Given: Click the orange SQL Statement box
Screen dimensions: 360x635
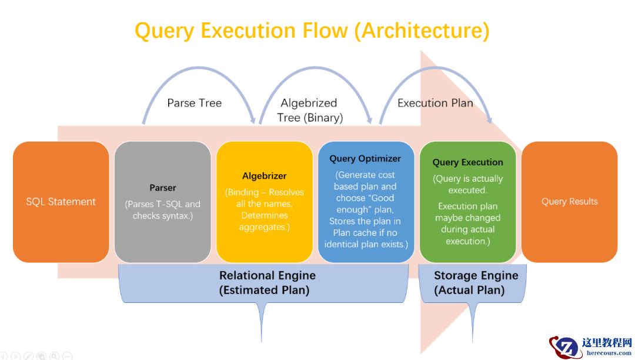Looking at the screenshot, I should point(61,202).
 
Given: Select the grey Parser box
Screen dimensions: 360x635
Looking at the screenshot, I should point(162,202).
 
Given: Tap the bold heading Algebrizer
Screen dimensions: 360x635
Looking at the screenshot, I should point(264,176).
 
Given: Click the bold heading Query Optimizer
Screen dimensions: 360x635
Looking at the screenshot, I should point(365,159).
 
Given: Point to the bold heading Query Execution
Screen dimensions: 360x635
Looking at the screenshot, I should point(467,162).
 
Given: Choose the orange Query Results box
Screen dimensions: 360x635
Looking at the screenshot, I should point(569,202).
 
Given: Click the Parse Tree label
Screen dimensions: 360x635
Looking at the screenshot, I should point(194,103).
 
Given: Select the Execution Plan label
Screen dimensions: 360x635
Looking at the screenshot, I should point(435,103).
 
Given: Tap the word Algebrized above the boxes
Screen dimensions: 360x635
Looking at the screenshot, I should point(309,104).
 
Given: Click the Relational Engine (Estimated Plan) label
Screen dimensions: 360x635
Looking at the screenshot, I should point(267,282).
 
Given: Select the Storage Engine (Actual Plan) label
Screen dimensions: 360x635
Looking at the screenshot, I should point(476,282).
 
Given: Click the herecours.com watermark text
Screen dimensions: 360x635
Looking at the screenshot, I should point(609,354).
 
